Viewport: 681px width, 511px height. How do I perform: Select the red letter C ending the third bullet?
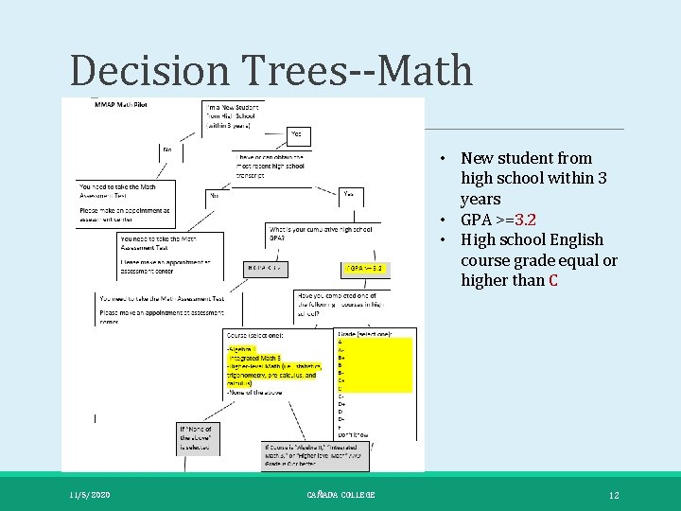click(552, 280)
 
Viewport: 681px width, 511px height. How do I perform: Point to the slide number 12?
click(614, 495)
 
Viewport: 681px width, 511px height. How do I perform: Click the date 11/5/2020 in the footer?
click(90, 495)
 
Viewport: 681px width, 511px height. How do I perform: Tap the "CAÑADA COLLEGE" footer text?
click(340, 495)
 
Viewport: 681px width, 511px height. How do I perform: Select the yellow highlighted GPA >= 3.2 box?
click(365, 268)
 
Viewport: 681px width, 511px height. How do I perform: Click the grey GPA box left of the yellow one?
click(268, 268)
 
